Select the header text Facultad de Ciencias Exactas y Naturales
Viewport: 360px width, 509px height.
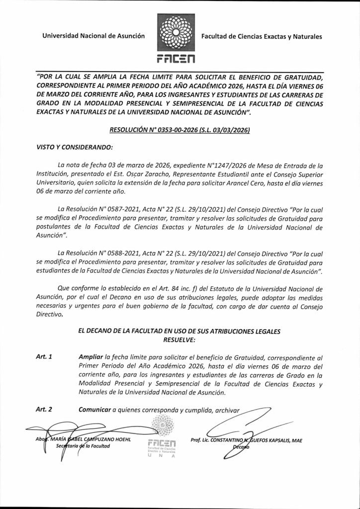point(262,36)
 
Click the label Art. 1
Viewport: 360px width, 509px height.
point(45,357)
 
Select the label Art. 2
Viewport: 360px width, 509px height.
point(45,410)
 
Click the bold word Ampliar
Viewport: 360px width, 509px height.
point(91,357)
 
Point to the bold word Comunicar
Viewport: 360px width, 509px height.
point(94,410)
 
